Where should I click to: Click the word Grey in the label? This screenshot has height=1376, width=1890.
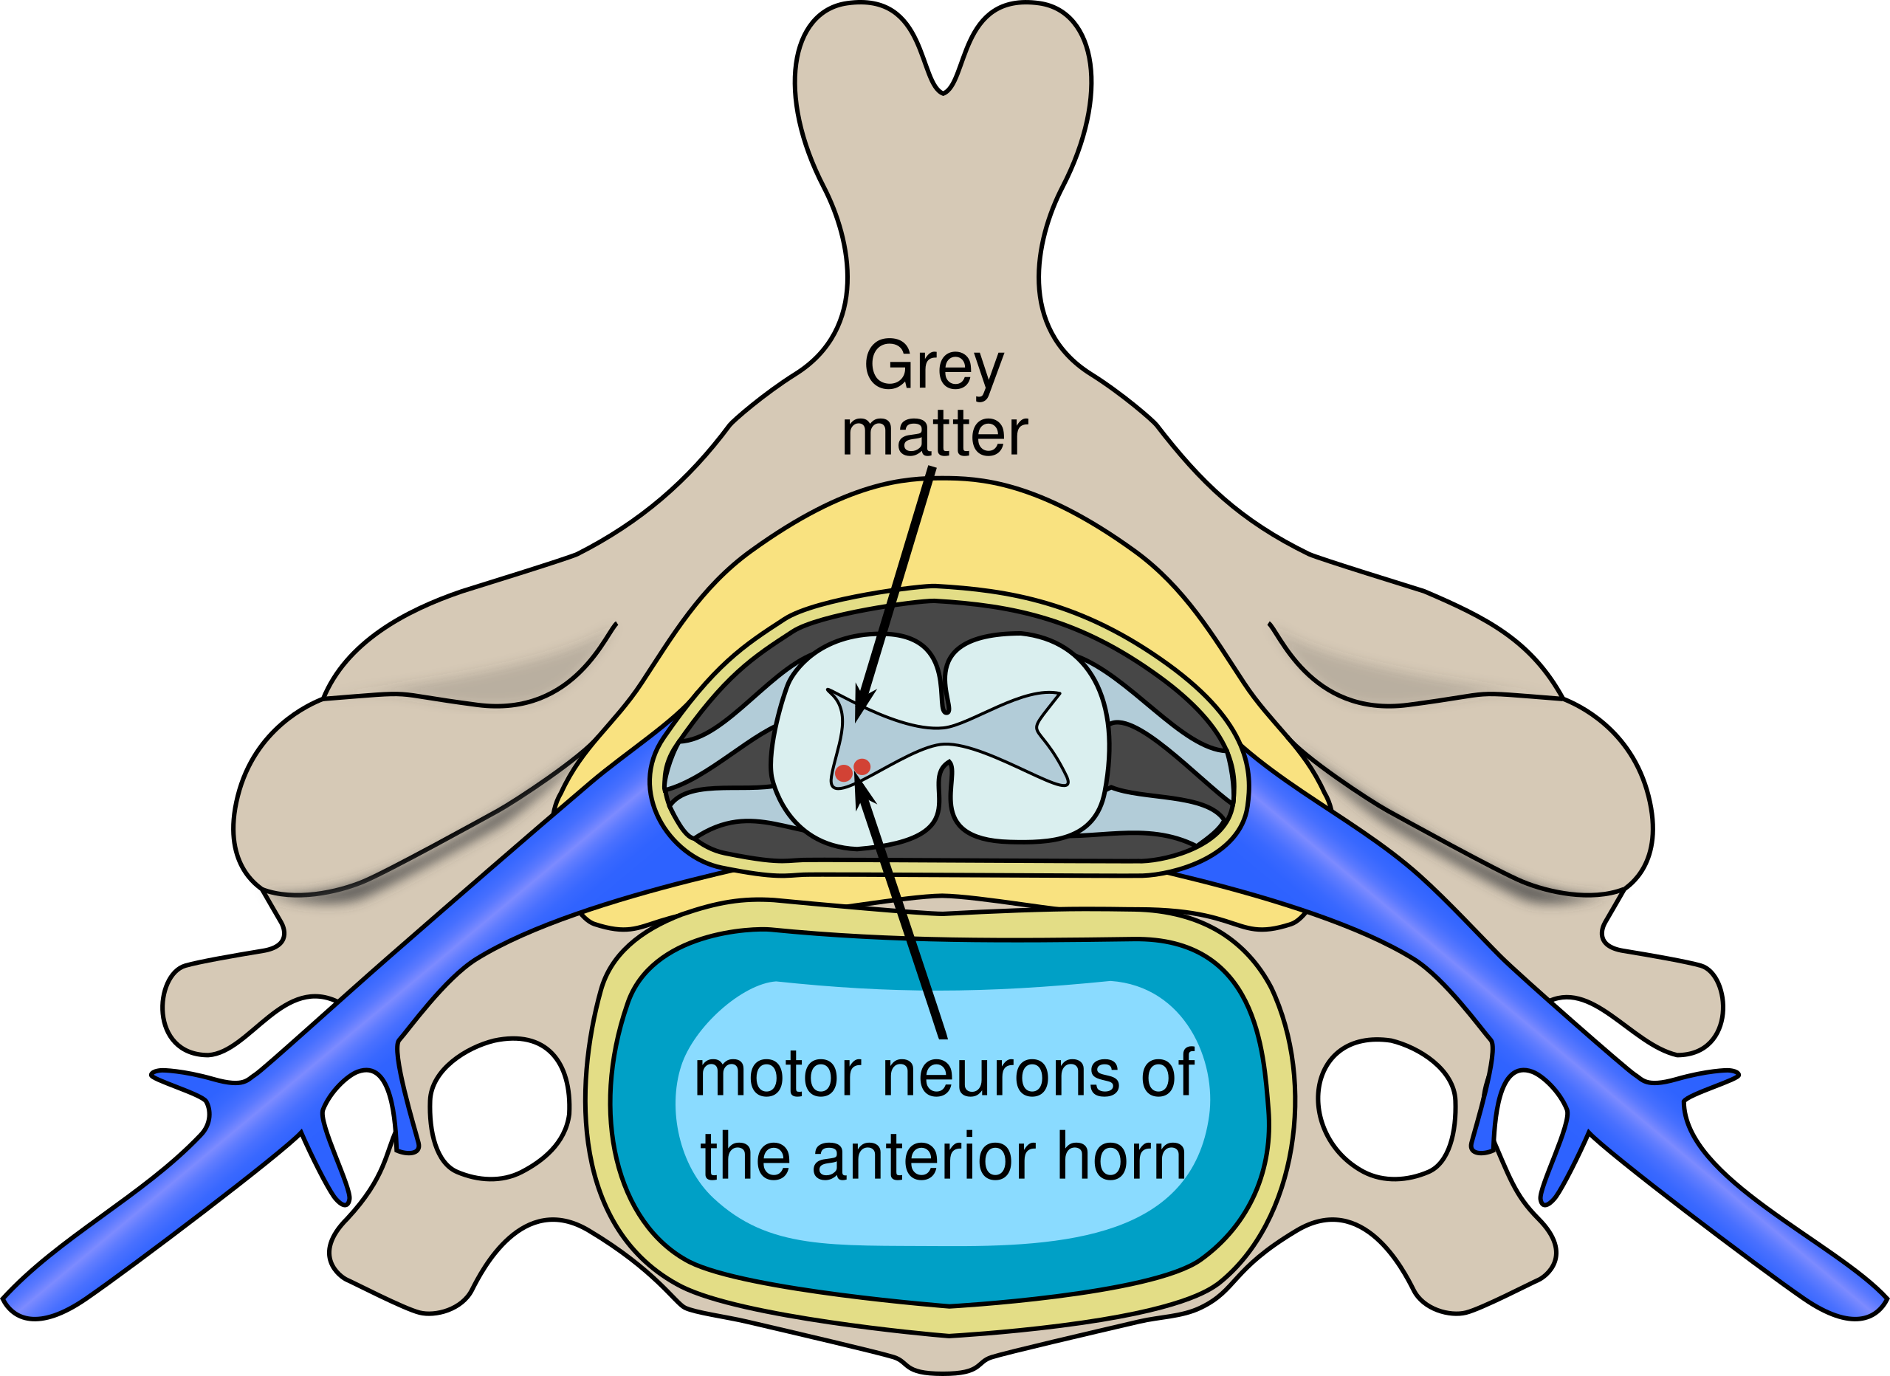pos(934,368)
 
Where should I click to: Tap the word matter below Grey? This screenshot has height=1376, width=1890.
pos(935,433)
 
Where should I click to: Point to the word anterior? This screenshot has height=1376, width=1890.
pos(924,1157)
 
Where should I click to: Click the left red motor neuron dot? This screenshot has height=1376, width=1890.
pos(843,773)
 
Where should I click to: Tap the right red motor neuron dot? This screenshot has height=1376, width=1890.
pos(862,767)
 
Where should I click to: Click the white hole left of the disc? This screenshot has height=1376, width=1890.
pos(499,1110)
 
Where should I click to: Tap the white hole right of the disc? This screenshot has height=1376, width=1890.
pos(1386,1110)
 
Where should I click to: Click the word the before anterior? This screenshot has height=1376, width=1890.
pos(745,1156)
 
